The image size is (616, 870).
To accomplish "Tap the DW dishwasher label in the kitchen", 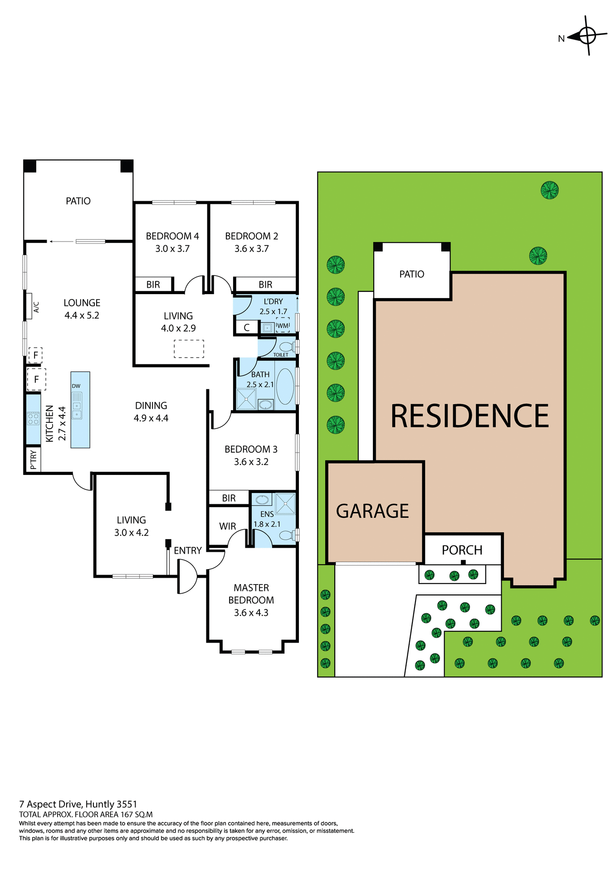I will [x=76, y=386].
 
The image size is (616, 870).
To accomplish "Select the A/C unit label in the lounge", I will [x=36, y=307].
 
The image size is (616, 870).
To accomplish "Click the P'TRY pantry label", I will [x=33, y=460].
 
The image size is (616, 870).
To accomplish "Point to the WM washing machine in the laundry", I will [x=283, y=325].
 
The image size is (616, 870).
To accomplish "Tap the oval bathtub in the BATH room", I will [x=285, y=386].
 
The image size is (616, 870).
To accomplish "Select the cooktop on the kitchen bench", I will [x=33, y=418].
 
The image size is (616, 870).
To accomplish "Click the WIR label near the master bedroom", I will [x=227, y=526].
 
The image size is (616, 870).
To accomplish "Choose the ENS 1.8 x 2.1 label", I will [x=267, y=519].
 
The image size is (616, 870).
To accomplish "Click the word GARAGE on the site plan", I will [x=372, y=511].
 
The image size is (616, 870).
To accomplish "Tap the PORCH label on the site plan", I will [x=462, y=550].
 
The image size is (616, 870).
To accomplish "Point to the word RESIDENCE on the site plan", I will [x=469, y=416].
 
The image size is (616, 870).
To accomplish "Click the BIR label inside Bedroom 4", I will [x=153, y=285].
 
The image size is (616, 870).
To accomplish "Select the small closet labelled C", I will [x=246, y=327].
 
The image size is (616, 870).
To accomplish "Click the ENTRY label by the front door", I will [x=187, y=551].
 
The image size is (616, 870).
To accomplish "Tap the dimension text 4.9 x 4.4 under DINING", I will [x=151, y=418].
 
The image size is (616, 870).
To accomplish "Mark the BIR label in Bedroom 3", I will [x=229, y=498].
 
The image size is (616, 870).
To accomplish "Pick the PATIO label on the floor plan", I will [x=78, y=201].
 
